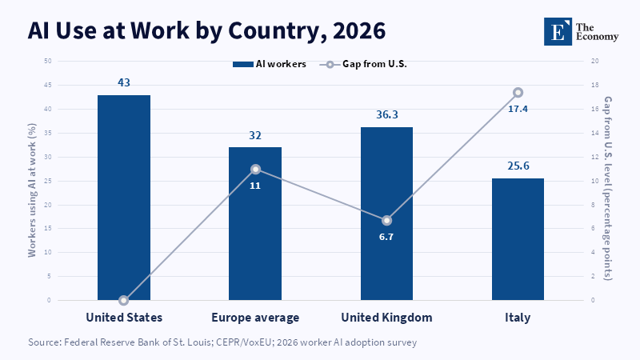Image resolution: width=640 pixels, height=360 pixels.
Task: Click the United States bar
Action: click(x=124, y=198)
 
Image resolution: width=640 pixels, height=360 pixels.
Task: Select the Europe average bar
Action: click(x=255, y=224)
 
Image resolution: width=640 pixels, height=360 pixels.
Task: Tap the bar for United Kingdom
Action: click(x=386, y=214)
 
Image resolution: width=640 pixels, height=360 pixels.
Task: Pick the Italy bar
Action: click(x=518, y=239)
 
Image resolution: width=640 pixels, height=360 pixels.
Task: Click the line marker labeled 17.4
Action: click(x=518, y=93)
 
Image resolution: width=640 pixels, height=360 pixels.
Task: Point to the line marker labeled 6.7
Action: click(x=386, y=221)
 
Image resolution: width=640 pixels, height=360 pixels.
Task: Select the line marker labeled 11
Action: click(x=255, y=170)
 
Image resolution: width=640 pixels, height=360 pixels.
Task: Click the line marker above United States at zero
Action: click(x=124, y=301)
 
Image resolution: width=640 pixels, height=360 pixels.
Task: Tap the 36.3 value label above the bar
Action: click(x=387, y=114)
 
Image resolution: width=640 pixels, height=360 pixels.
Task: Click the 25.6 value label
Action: click(x=518, y=166)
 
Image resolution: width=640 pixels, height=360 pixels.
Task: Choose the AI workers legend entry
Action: click(x=270, y=64)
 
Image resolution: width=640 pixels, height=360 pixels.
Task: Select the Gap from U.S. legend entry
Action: click(x=363, y=64)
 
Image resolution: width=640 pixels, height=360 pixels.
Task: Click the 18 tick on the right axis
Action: click(x=594, y=85)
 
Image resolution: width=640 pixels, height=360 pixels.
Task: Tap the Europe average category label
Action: click(x=255, y=318)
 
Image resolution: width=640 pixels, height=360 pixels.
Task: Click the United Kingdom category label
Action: click(x=386, y=318)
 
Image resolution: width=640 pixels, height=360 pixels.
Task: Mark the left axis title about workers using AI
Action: click(x=32, y=190)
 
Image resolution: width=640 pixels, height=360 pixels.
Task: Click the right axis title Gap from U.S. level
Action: click(x=608, y=188)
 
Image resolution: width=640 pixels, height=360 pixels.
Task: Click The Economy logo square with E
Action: click(x=558, y=31)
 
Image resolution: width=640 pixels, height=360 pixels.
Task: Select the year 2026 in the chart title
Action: click(x=359, y=31)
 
